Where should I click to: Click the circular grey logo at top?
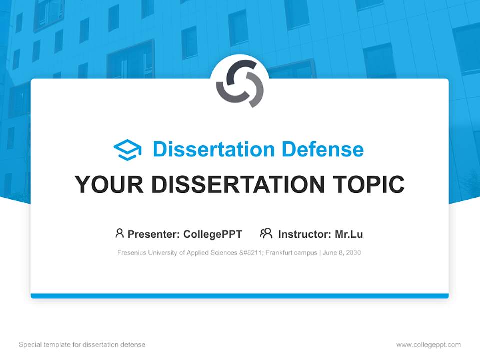click(240, 84)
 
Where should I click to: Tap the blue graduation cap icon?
click(127, 150)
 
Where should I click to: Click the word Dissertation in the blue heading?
click(214, 149)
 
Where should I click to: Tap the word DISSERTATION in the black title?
click(239, 185)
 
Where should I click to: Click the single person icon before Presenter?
click(119, 233)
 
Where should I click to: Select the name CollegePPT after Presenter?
click(213, 234)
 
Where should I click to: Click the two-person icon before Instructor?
click(266, 233)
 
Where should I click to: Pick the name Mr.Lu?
click(349, 234)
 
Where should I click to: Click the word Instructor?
click(304, 234)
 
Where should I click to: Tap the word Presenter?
click(154, 234)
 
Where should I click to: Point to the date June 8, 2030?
click(342, 253)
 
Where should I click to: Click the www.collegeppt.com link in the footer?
click(428, 345)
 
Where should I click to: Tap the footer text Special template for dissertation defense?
click(82, 345)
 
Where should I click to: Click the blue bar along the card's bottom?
click(240, 296)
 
